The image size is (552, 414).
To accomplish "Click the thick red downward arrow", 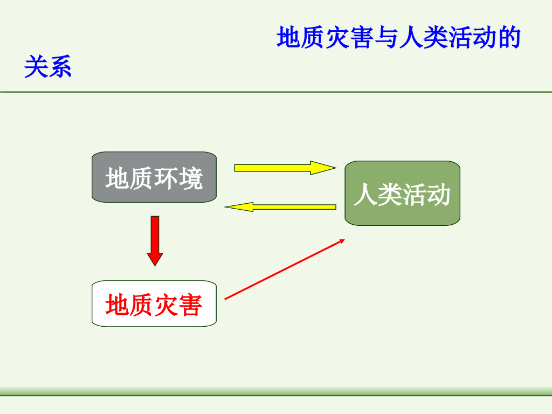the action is coord(155,240).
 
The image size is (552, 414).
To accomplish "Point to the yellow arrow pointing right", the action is coord(284,168).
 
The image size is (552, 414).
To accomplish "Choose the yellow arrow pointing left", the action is coord(280,206).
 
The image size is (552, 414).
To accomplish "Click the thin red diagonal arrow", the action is coord(284,269).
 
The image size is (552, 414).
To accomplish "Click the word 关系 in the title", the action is coord(48,68).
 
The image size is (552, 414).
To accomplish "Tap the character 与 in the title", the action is coord(387,38).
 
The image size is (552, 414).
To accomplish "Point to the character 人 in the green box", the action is coord(365,195).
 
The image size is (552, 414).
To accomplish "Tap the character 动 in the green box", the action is coord(438,195).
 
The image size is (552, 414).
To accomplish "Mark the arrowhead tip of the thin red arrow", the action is coord(344,240).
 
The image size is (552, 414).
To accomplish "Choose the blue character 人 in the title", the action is coord(411,38).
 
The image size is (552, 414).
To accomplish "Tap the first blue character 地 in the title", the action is coord(289,38).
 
